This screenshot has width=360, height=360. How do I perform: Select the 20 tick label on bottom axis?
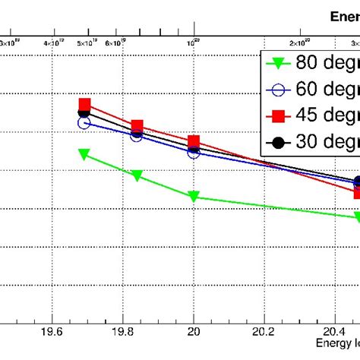(x=194, y=331)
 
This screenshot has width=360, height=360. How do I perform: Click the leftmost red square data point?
(x=85, y=105)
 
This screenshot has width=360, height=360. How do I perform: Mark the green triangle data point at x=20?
(x=194, y=197)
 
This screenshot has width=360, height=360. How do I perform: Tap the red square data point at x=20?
(x=194, y=142)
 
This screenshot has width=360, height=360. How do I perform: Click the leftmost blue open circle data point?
(x=84, y=122)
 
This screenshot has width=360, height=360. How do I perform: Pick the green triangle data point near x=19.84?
(x=137, y=175)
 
